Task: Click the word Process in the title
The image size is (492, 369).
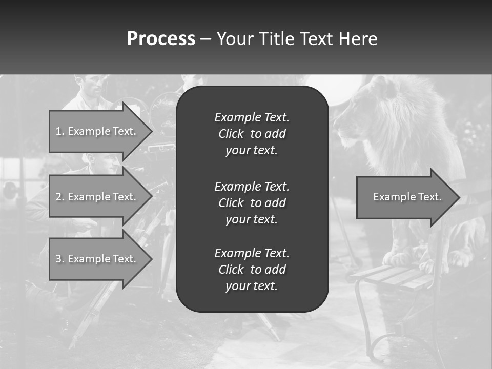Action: [x=161, y=39]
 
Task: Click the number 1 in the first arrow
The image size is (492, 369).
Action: [x=58, y=131]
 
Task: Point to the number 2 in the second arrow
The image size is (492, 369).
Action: [x=58, y=197]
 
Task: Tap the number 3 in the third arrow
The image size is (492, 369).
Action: [x=58, y=259]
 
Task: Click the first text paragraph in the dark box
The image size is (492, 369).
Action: [x=252, y=134]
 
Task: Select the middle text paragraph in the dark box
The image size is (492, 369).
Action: [x=252, y=202]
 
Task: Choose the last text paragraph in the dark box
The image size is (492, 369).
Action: [x=252, y=270]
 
